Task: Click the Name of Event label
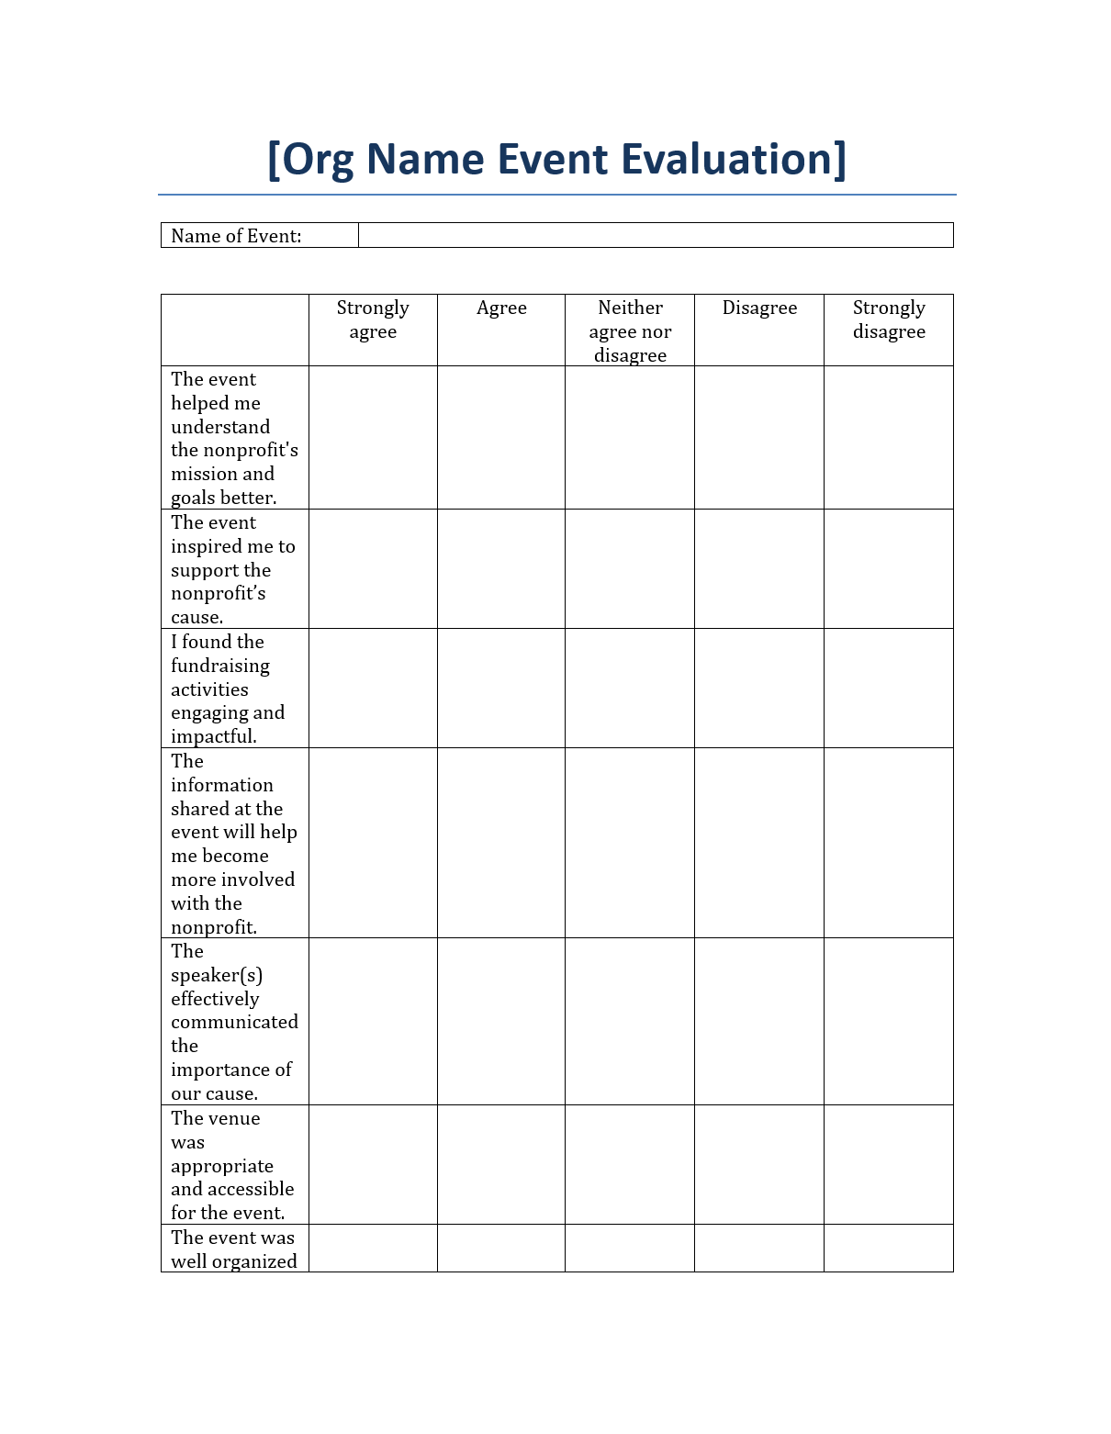point(236,236)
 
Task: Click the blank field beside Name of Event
point(656,235)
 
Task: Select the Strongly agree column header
point(373,319)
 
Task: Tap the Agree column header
point(501,308)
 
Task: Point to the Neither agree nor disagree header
point(630,330)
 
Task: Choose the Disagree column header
point(759,308)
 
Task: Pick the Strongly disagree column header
point(889,319)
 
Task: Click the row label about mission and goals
point(234,438)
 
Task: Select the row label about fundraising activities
point(228,689)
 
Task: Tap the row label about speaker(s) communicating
point(234,1022)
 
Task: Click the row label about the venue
point(231,1165)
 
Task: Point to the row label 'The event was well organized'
point(233,1249)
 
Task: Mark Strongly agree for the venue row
point(373,1165)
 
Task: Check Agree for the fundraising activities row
point(501,689)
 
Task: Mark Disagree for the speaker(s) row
point(759,1022)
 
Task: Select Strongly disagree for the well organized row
point(889,1249)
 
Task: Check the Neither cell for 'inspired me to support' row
point(630,569)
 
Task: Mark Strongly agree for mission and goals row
point(373,438)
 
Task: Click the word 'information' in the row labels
point(222,785)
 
